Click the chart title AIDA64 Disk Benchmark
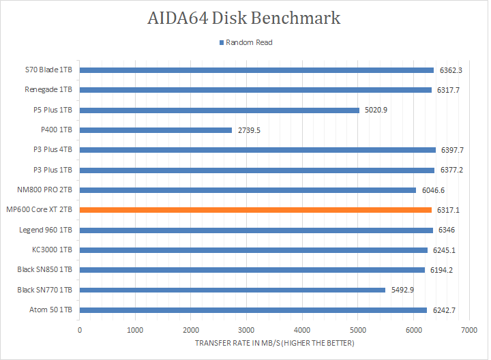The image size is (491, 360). [244, 18]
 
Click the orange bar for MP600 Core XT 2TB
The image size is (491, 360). [256, 210]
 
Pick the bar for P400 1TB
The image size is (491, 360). [156, 130]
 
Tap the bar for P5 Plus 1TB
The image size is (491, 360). [220, 110]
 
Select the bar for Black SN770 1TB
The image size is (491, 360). [233, 290]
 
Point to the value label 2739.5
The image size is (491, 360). [249, 130]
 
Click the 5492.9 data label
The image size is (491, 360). [402, 290]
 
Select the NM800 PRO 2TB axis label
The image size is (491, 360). [46, 190]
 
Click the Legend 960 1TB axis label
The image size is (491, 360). [47, 230]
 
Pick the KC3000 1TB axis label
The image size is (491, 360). [53, 250]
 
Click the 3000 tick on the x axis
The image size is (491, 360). [246, 330]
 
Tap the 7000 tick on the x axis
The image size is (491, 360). [468, 330]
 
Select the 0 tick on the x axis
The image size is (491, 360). [80, 330]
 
